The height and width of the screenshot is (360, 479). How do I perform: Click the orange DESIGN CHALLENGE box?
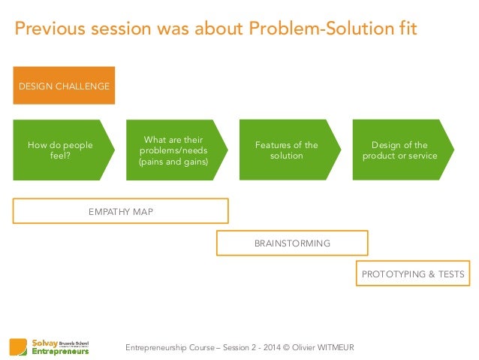pos(64,86)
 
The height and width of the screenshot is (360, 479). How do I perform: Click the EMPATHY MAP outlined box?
pos(120,211)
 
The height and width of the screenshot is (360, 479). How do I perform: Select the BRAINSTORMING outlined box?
pos(292,244)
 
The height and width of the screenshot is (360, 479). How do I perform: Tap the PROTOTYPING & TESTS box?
pos(413,275)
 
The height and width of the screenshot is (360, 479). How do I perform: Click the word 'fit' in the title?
pos(405,29)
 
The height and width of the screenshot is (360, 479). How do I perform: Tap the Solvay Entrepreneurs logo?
pos(50,346)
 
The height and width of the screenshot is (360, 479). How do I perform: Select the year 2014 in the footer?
pos(264,346)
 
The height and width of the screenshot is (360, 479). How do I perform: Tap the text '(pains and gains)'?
pos(174,162)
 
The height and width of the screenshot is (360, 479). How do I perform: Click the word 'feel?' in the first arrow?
pos(60,156)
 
